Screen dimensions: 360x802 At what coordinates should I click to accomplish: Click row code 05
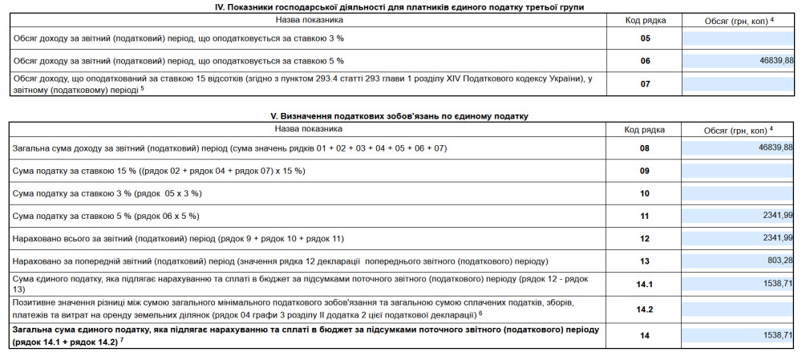coord(645,38)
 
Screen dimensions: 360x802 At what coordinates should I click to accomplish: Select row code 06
coord(645,61)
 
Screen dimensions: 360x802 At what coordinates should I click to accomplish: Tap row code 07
coord(645,84)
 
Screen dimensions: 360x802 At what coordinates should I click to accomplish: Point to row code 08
coord(645,148)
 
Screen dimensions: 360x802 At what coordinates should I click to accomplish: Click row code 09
coord(645,171)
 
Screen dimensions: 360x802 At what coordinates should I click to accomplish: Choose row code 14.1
coord(645,284)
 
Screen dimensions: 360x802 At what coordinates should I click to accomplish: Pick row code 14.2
coord(645,309)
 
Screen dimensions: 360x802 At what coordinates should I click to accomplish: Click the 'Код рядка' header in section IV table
coord(645,20)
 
